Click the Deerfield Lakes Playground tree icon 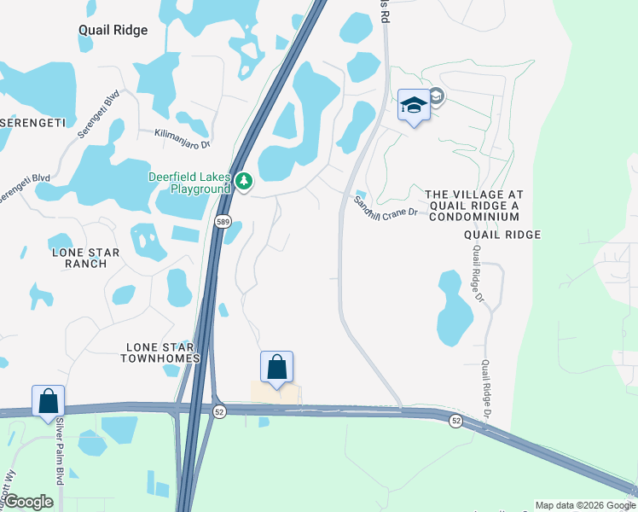pyautogui.click(x=244, y=180)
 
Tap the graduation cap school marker pyautogui.click(x=414, y=105)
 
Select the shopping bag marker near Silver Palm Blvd pyautogui.click(x=49, y=401)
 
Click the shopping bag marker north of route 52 pyautogui.click(x=277, y=367)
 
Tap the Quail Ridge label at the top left pyautogui.click(x=113, y=30)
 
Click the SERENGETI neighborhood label pyautogui.click(x=32, y=124)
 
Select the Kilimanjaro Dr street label pyautogui.click(x=182, y=134)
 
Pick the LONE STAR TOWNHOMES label pyautogui.click(x=163, y=352)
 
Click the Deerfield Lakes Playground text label pyautogui.click(x=189, y=182)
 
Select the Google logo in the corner pyautogui.click(x=28, y=502)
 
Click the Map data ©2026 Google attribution pyautogui.click(x=584, y=505)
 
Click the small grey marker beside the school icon pyautogui.click(x=437, y=97)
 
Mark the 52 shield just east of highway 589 pyautogui.click(x=218, y=411)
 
